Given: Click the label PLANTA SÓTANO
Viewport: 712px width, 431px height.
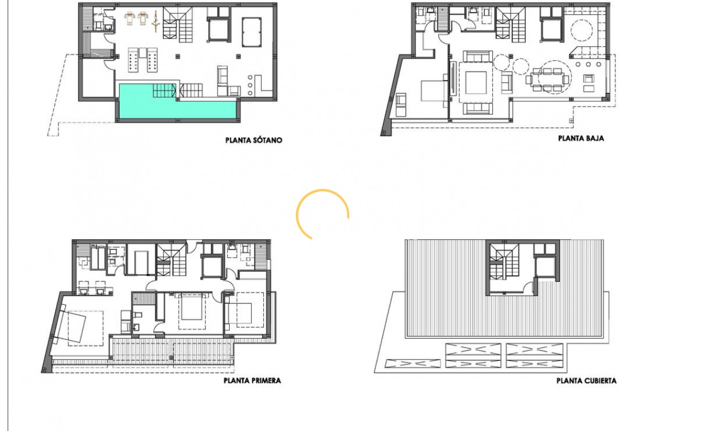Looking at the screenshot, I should point(253,140).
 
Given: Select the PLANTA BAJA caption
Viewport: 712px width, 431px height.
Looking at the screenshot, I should point(581,138).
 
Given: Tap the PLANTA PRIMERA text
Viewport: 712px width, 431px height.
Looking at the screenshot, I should point(252,381).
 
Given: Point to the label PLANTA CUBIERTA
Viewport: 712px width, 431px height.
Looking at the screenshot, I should point(586,381).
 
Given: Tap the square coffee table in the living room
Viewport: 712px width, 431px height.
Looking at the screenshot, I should point(476,82).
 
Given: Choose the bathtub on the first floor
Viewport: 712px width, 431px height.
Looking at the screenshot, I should point(98,258).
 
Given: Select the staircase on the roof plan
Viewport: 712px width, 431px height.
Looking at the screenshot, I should point(503,263).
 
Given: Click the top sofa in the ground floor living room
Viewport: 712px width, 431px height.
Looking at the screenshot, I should point(477,56).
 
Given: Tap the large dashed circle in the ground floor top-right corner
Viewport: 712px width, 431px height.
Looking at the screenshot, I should point(582,30).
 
